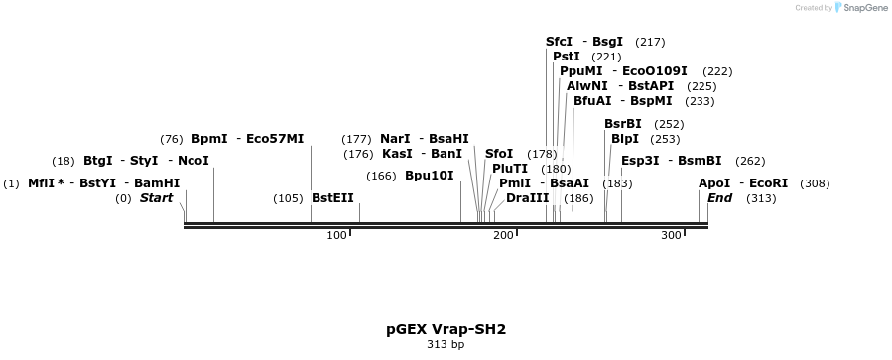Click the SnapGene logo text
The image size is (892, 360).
click(861, 8)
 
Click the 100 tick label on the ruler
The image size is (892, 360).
click(336, 235)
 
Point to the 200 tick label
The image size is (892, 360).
click(504, 235)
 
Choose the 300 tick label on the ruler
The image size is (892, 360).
click(672, 235)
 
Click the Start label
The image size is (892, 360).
click(156, 198)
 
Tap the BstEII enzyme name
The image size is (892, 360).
click(332, 198)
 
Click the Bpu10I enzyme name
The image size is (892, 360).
click(429, 176)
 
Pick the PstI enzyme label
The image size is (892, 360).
click(567, 57)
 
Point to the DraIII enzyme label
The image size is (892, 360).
click(527, 198)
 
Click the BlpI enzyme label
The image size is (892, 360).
click(625, 139)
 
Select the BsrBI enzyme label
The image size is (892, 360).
click(623, 124)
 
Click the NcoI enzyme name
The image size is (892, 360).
click(193, 161)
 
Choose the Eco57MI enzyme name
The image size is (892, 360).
click(275, 139)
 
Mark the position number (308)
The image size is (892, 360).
click(815, 183)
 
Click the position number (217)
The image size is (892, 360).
click(650, 42)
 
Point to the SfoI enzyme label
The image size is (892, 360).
click(499, 154)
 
